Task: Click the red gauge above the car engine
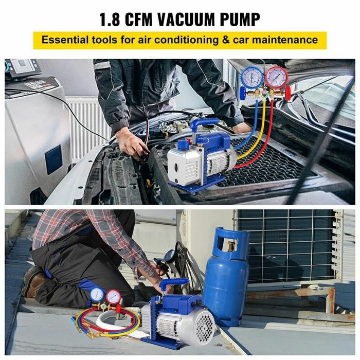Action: coord(277,78)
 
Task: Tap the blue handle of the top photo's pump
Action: coord(204,123)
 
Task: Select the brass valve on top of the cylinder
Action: coord(231,246)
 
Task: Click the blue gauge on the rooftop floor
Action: coord(97,294)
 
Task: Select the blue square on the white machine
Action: coord(53,159)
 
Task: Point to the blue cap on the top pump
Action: coord(183,146)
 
